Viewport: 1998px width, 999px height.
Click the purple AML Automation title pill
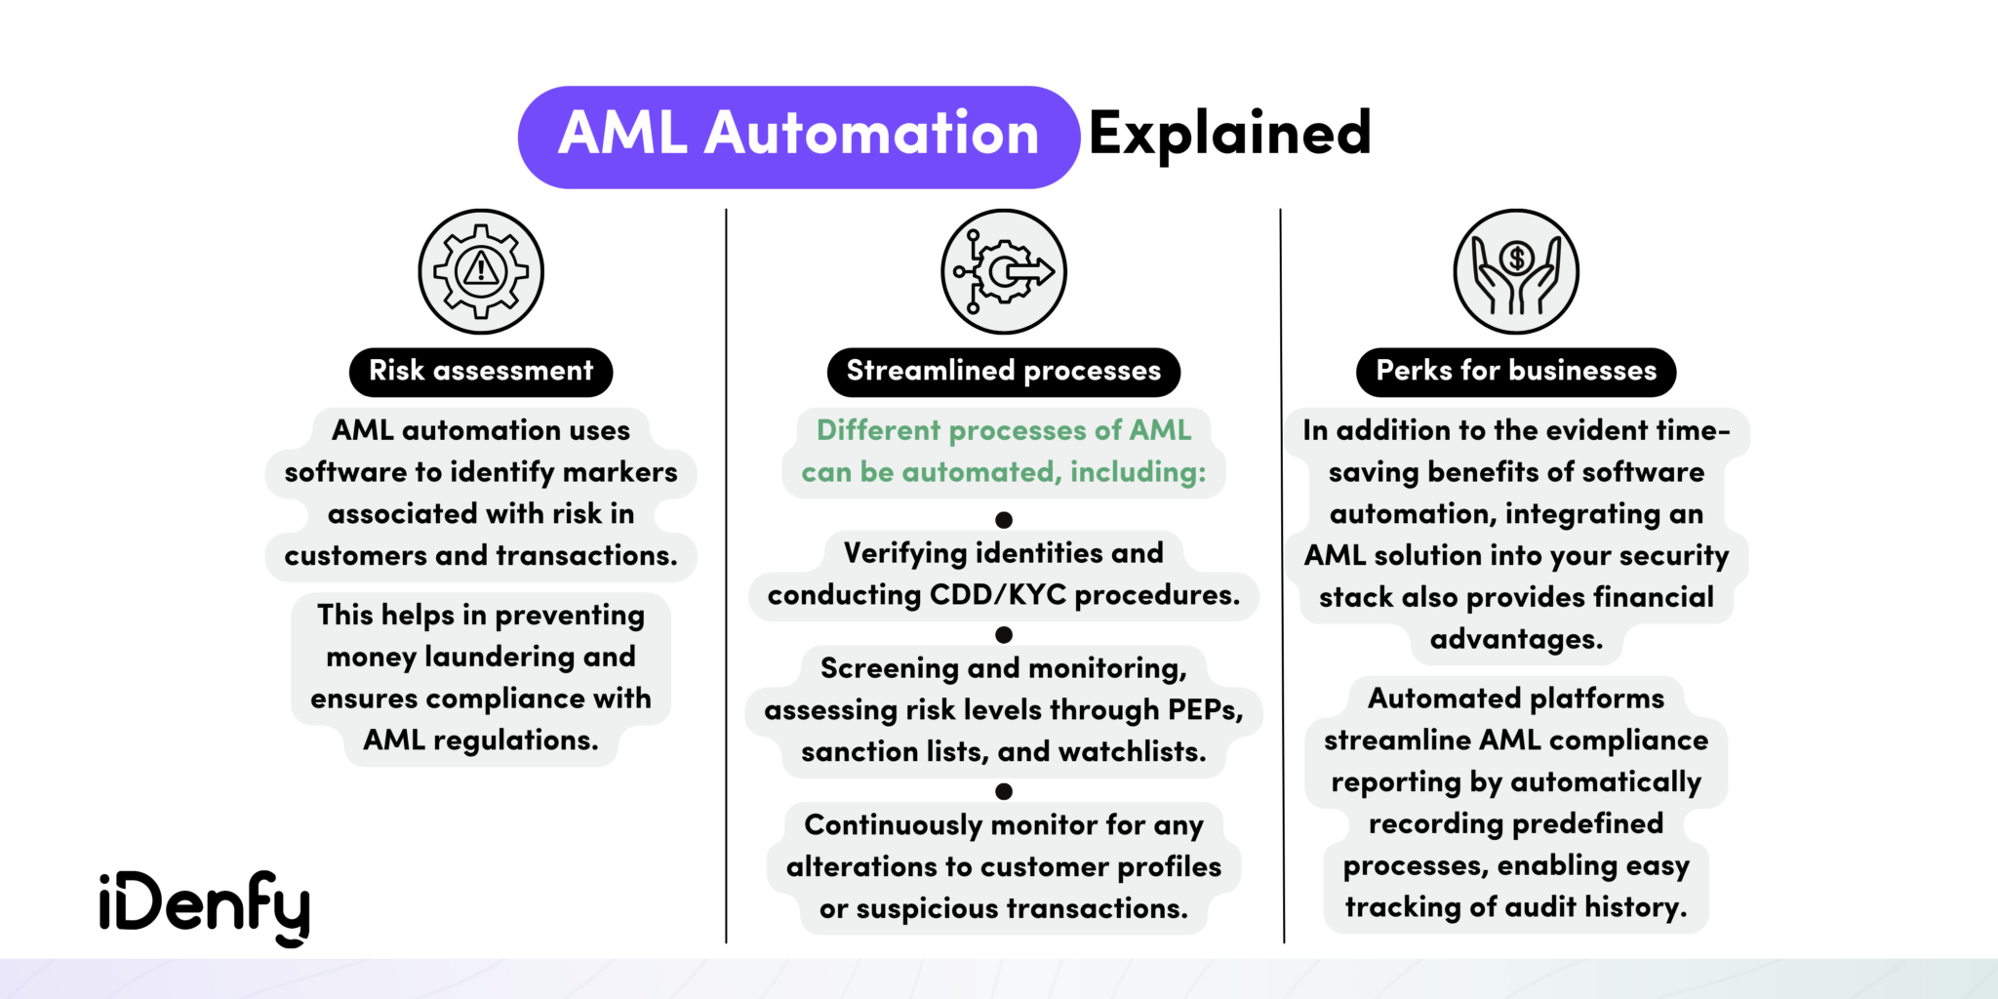click(x=798, y=137)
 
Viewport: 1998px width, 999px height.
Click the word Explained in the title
click(x=1229, y=135)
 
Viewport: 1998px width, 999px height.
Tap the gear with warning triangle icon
click(x=481, y=271)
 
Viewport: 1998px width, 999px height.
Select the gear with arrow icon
click(x=1003, y=271)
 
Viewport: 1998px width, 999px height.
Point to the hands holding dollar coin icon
click(x=1516, y=271)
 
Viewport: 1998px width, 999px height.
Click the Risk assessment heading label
click(x=481, y=372)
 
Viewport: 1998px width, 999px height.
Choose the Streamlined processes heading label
click(x=1003, y=372)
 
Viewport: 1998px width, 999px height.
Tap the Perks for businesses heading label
click(x=1516, y=372)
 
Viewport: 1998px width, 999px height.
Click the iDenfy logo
click(x=204, y=906)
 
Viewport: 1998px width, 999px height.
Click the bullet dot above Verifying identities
click(x=1003, y=520)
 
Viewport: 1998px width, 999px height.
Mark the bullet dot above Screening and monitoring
click(x=1003, y=635)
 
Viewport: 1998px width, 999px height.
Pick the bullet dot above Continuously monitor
click(x=1003, y=791)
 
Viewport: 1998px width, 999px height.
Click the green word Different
click(x=878, y=430)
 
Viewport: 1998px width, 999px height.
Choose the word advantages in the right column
click(x=1516, y=640)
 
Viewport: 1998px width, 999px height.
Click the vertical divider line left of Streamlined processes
click(x=726, y=576)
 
